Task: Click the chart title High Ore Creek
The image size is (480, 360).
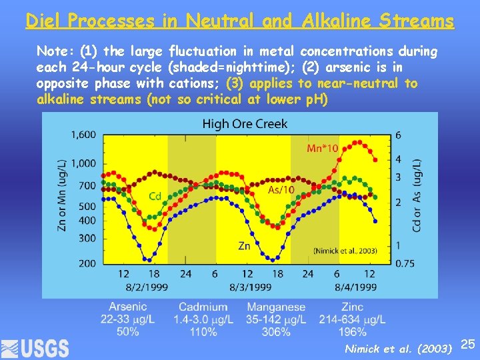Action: (245, 123)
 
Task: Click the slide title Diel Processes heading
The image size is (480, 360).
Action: (240, 21)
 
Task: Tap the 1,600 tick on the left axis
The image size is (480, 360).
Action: (84, 135)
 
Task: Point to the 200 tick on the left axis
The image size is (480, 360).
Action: (87, 263)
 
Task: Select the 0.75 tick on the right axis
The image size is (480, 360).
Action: (404, 263)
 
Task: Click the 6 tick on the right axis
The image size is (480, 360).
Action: (398, 135)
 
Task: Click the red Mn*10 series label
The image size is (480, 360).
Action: (322, 148)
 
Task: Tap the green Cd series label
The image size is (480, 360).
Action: (155, 196)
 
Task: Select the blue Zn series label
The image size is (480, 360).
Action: (245, 246)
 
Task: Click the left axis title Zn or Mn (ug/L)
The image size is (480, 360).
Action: (61, 195)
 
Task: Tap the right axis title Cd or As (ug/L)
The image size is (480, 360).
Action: (417, 195)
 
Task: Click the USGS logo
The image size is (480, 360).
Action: (35, 347)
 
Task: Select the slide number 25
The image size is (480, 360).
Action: (468, 344)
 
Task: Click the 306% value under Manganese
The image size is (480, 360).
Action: (275, 331)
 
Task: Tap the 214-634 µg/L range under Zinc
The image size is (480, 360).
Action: (353, 319)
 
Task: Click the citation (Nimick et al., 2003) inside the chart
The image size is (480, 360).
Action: (345, 251)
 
